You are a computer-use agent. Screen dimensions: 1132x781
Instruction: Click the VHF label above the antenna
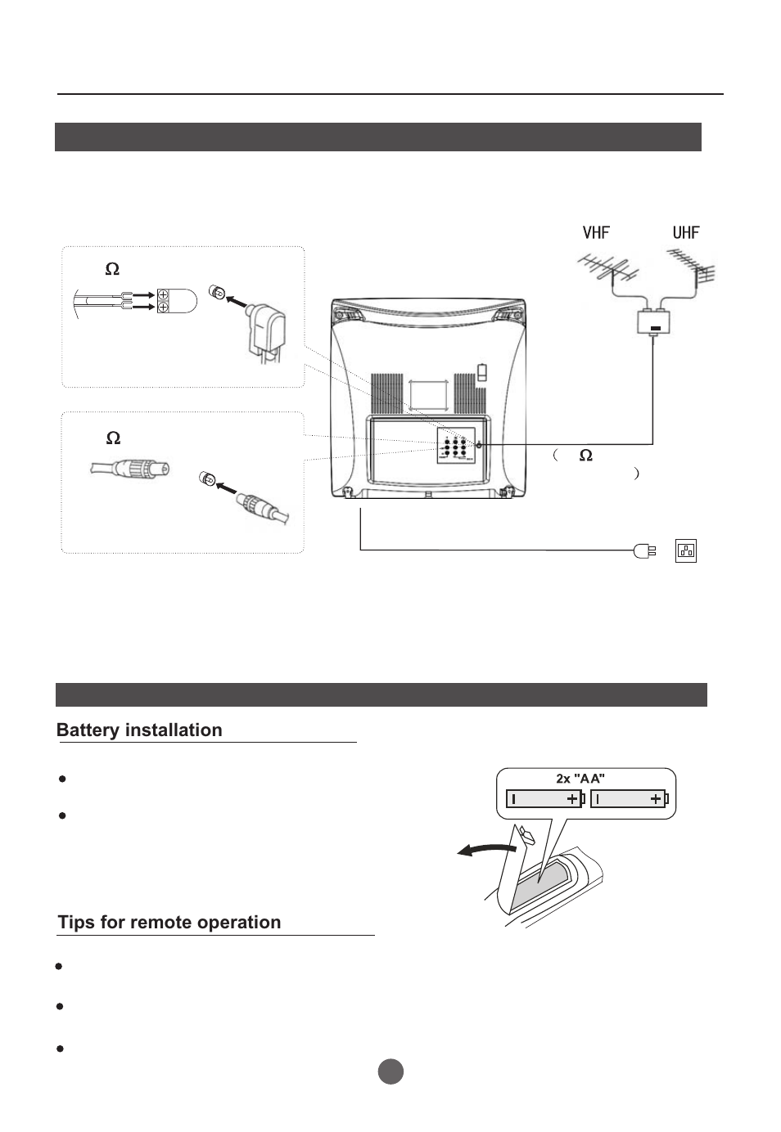(596, 232)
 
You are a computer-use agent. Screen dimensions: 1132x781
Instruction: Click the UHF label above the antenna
(686, 232)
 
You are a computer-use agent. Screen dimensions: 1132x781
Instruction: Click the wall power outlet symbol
(686, 550)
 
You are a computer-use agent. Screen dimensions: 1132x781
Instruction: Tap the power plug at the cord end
(643, 550)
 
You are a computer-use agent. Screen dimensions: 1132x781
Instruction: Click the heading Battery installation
(139, 730)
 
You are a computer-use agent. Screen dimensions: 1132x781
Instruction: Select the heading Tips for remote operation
(169, 923)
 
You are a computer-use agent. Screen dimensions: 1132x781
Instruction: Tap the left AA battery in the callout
(544, 799)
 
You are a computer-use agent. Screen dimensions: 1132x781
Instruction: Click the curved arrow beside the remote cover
(487, 851)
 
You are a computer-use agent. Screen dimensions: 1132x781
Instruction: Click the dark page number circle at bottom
(390, 1071)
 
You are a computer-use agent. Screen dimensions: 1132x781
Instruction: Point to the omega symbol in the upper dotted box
(112, 269)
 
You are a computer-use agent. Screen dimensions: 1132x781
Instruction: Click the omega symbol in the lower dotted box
(113, 439)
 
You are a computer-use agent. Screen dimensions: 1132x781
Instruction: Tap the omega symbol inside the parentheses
(585, 456)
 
